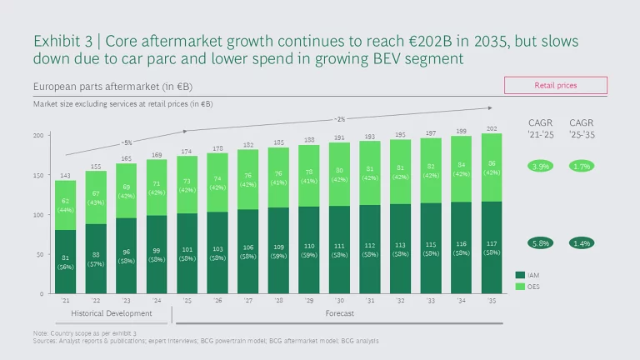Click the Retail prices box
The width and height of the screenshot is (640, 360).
(555, 85)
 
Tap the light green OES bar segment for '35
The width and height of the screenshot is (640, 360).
(492, 167)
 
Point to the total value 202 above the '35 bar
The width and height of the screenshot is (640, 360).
(492, 127)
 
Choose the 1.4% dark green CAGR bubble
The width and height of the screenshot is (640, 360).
(582, 242)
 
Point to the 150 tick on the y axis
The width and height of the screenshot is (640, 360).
(39, 175)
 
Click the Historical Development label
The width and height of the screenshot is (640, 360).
(111, 313)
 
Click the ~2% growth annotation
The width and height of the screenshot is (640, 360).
(339, 118)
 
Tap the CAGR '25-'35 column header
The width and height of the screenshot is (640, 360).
(582, 128)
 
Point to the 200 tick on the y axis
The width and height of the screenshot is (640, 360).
(39, 135)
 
